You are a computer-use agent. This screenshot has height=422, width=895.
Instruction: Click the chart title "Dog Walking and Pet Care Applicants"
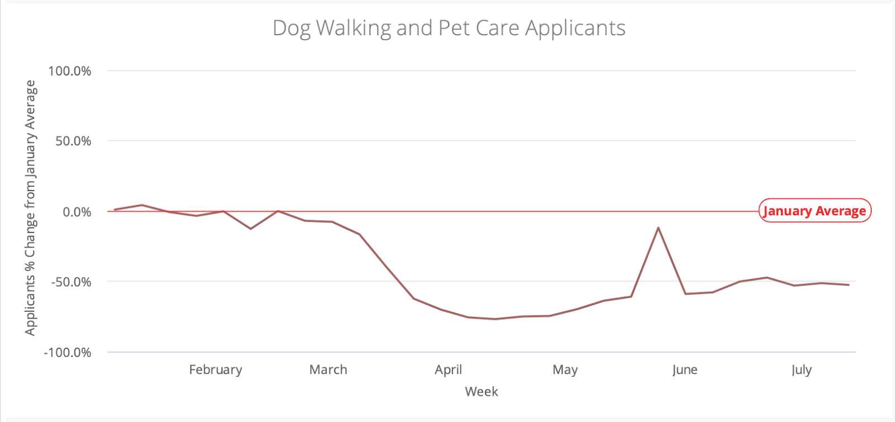coord(449,28)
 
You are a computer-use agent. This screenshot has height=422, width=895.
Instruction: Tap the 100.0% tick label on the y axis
coord(70,71)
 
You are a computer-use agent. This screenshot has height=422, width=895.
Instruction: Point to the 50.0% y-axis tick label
coord(73,141)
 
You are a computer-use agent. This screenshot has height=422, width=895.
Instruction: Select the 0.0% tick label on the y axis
coord(77,212)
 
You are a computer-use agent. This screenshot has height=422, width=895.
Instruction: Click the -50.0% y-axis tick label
coord(71,282)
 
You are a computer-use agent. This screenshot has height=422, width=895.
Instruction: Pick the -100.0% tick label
coord(68,353)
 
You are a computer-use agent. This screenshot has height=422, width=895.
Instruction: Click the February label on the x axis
coord(215,369)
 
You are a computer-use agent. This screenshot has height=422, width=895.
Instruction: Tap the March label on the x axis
coord(328,369)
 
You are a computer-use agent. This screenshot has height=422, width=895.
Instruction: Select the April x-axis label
coord(448,369)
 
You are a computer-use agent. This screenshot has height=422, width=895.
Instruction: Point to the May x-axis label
coord(565,369)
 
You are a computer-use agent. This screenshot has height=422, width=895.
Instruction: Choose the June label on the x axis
coord(685,369)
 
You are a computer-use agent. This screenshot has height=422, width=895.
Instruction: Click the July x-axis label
coord(801,369)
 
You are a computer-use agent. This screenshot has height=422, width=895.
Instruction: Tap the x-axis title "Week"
coord(481,391)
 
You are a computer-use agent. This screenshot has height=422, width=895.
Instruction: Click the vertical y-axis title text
coord(30,208)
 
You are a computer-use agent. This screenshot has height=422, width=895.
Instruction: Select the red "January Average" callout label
coord(814,211)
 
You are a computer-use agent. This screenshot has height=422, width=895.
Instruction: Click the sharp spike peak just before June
coord(658,227)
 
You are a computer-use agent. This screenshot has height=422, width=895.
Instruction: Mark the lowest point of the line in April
coord(495,319)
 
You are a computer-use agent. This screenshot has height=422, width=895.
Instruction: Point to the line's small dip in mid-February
coord(251,229)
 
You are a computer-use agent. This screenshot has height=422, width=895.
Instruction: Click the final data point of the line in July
coord(849,285)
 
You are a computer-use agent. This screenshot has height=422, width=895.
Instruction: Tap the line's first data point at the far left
coord(115,210)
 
